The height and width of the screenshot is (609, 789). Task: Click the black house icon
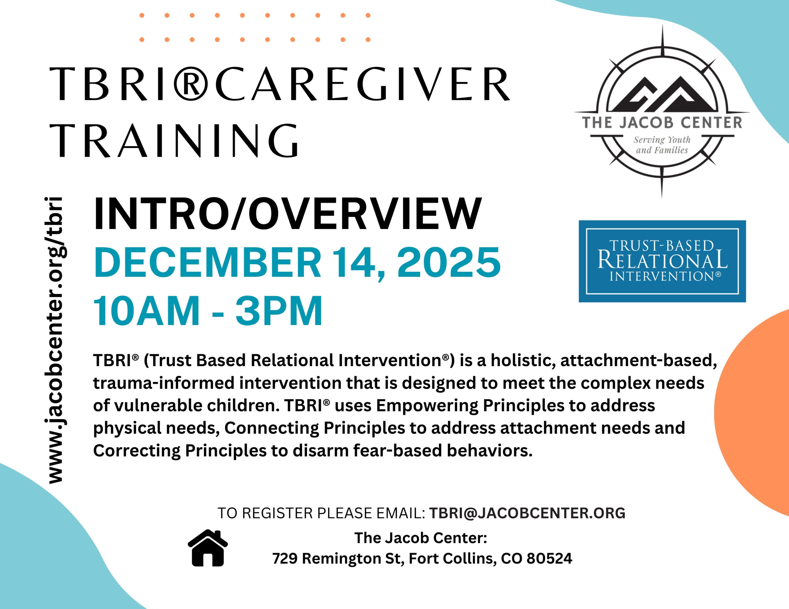(208, 548)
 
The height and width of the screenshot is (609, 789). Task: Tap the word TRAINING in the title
(176, 141)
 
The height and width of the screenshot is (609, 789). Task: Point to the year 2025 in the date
(449, 262)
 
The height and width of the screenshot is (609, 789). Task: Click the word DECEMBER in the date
(207, 262)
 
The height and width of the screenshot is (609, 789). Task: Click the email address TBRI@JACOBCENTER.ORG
(527, 513)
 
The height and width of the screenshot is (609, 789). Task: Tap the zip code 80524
(550, 559)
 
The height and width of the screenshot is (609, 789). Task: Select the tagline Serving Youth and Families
(662, 145)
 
